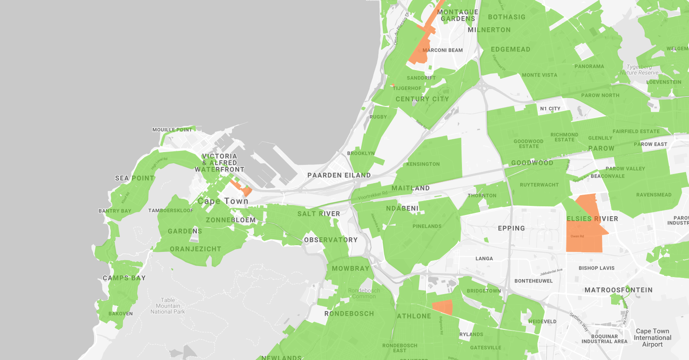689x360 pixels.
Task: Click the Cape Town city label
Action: pos(223,201)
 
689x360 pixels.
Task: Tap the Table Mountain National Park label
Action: pos(168,306)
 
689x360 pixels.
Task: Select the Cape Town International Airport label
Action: pos(653,338)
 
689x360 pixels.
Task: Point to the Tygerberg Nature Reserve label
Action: pos(639,70)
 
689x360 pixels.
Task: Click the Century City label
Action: pos(422,99)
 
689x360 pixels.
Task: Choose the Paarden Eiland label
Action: pos(339,175)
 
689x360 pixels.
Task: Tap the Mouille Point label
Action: pos(172,130)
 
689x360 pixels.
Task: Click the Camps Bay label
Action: pos(124,278)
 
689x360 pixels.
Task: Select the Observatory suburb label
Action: pos(331,240)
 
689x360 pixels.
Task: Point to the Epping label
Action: pos(511,228)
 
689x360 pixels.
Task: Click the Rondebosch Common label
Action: pos(364,293)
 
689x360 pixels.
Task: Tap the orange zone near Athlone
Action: pos(442,307)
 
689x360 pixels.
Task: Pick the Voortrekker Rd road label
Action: pos(372,195)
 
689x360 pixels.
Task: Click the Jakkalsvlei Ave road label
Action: pos(551,272)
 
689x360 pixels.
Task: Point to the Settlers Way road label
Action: pos(579,322)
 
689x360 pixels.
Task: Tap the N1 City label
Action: pos(550,109)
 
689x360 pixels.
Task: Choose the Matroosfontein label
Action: pos(618,290)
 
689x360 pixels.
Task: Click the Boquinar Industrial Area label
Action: pos(604,339)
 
